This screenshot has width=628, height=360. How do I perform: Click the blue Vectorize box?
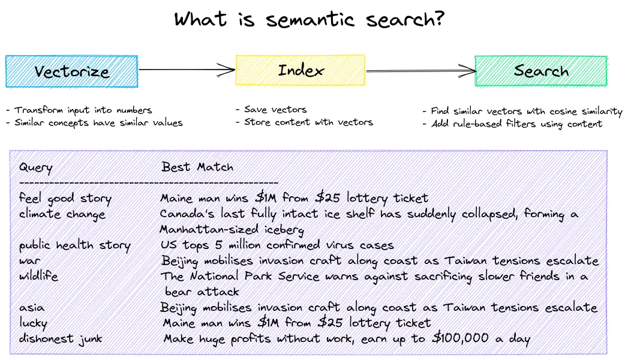coord(71,71)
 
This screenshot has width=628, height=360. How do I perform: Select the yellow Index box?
coord(300,70)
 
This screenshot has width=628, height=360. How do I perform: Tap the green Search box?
coord(540,71)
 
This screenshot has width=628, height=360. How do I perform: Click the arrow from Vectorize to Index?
coord(186,70)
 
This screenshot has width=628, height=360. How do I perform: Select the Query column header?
coord(35,167)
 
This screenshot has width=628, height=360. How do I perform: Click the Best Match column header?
coord(197,167)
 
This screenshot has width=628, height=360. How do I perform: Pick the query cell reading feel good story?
coord(65,198)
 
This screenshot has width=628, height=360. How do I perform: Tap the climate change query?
coord(62,214)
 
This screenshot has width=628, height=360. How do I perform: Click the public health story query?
coord(74,245)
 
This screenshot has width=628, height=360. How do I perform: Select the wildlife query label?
coord(38,276)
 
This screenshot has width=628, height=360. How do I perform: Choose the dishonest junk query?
coord(60,339)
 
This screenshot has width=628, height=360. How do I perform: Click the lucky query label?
coord(33,323)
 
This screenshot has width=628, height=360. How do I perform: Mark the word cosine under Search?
coord(555,112)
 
